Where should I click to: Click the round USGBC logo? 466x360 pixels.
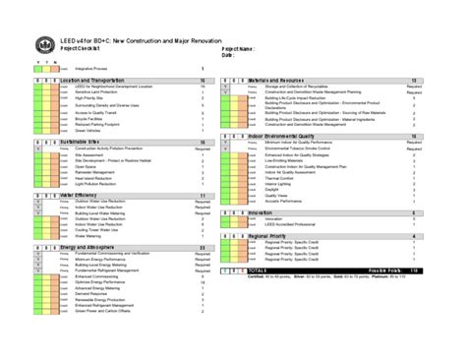point(44,42)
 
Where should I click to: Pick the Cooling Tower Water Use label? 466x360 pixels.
point(95,230)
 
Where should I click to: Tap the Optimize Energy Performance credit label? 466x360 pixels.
point(102,283)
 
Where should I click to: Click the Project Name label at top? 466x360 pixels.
point(238,48)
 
